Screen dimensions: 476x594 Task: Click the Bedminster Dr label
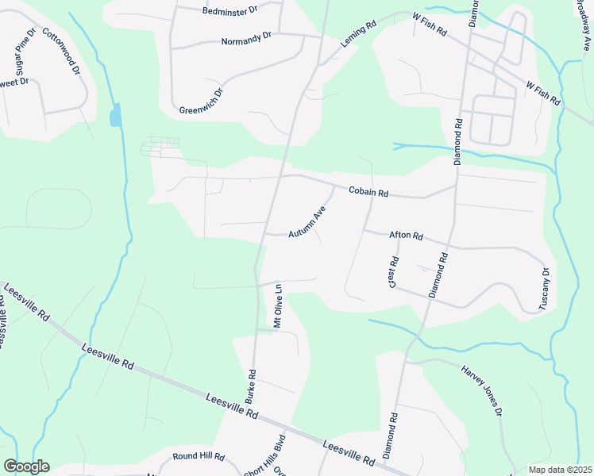[x=231, y=11]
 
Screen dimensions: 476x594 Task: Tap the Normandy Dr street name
[x=246, y=38]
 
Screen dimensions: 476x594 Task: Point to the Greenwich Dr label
[x=202, y=101]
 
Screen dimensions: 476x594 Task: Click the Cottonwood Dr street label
[x=62, y=51]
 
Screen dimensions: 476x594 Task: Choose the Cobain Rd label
[x=368, y=192]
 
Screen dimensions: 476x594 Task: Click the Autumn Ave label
[x=307, y=223]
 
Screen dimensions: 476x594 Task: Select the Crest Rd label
[x=393, y=272]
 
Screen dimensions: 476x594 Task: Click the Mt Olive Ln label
[x=278, y=305]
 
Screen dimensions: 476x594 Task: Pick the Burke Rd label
[x=251, y=384]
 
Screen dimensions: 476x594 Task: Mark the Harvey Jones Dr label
[x=481, y=390]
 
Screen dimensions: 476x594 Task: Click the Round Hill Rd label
[x=199, y=458]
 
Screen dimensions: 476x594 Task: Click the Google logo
[x=26, y=466]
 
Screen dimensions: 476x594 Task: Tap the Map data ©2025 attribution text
[x=560, y=470]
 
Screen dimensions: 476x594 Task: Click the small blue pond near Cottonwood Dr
[x=116, y=116]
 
